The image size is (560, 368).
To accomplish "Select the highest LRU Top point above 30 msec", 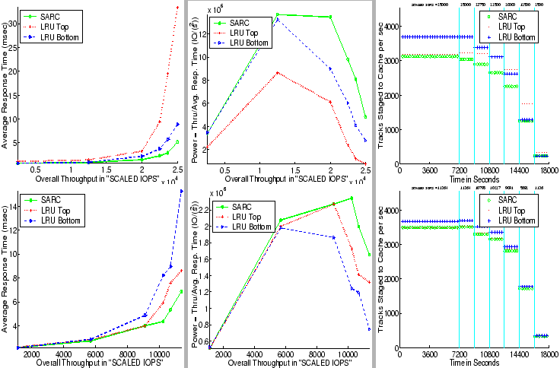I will (x=177, y=7).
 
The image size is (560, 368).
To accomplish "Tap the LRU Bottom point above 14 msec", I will (x=181, y=191).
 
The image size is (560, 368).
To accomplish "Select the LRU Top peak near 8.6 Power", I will (x=278, y=72).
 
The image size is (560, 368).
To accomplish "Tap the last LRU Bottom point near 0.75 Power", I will (x=369, y=329).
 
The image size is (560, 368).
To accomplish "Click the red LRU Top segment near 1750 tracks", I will (x=527, y=103).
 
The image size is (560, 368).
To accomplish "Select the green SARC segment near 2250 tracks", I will (x=511, y=86).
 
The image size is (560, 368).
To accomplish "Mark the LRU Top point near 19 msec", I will (x=168, y=74).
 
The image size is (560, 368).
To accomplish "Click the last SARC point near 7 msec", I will (x=181, y=291).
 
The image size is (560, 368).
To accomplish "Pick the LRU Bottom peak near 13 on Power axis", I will (x=278, y=19).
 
